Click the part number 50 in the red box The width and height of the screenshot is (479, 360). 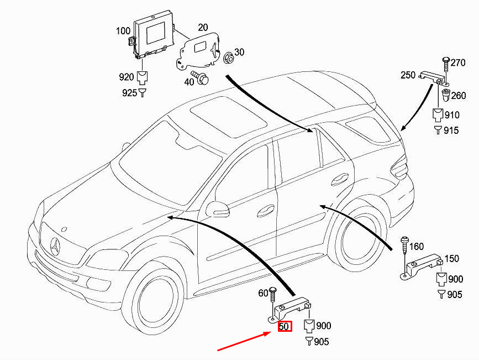[284, 326]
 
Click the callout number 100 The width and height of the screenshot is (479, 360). [123, 31]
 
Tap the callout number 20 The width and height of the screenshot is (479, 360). [203, 28]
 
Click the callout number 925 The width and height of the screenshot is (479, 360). [129, 93]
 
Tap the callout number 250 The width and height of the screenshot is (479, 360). [408, 75]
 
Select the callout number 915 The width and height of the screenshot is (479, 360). [451, 131]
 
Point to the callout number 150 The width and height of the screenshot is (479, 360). [451, 259]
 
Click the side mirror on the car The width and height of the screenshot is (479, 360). [217, 209]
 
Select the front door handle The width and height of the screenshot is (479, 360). [265, 211]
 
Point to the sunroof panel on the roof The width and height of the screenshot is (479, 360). [228, 116]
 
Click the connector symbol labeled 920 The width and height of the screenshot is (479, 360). [142, 77]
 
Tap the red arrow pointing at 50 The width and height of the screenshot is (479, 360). [244, 342]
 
